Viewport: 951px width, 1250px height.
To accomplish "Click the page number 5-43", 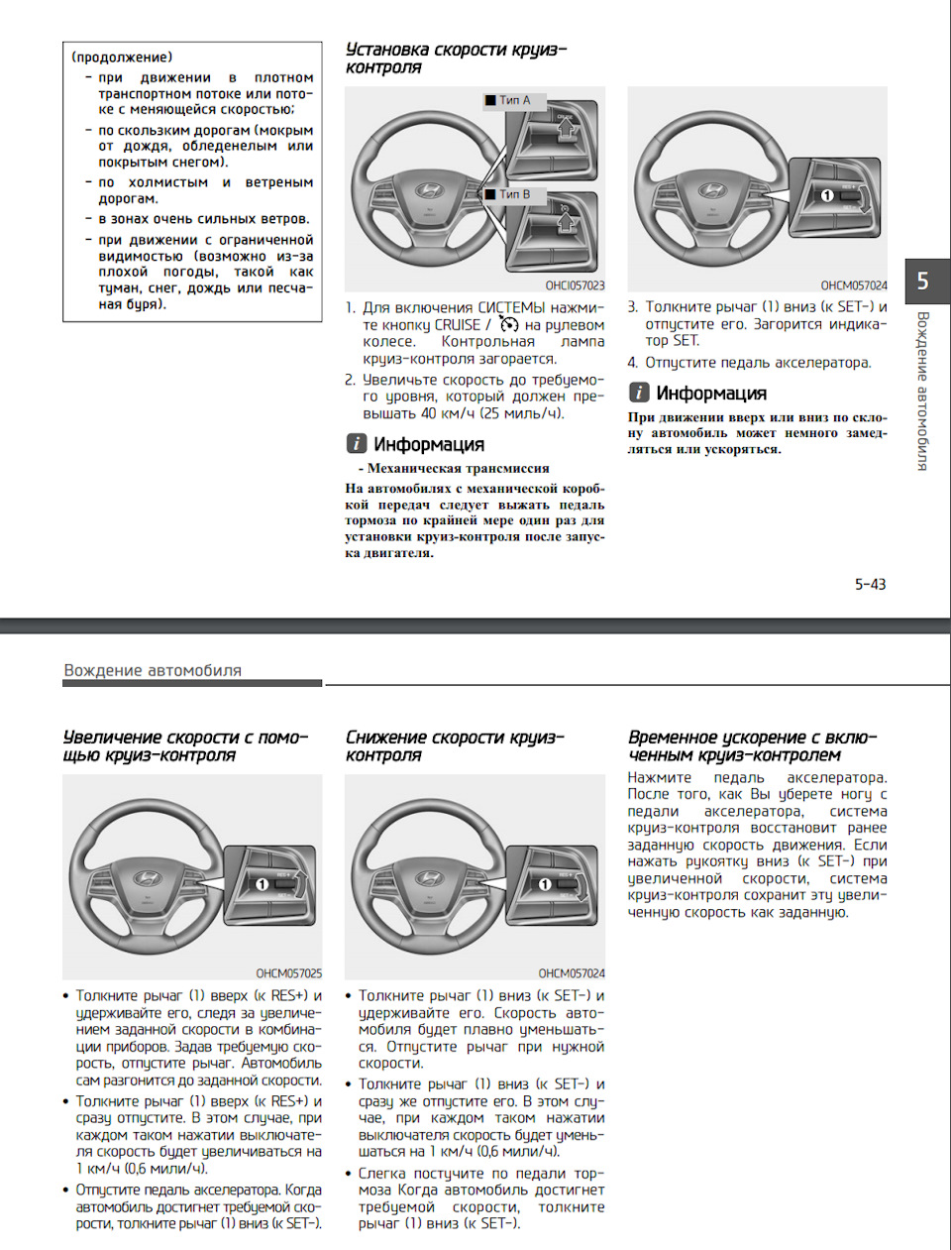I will pos(870,584).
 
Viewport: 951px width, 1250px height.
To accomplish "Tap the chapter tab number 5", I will pos(922,281).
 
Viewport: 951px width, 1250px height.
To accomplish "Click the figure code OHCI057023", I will pos(575,285).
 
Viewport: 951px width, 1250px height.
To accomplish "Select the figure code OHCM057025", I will pos(288,973).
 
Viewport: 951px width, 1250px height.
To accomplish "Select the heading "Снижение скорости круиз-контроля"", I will pos(455,745).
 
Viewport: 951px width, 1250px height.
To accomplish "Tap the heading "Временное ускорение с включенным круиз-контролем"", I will pos(752,745).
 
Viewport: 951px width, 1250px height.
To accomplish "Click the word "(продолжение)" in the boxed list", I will pos(122,57).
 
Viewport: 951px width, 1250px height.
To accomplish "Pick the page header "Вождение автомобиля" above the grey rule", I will pos(153,670).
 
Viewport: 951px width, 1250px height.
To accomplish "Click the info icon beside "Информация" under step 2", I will pos(356,444).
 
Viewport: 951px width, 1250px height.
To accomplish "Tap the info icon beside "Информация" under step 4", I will pos(639,393).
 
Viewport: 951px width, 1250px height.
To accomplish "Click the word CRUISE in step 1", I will pos(457,324).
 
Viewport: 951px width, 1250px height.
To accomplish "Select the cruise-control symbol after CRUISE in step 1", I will pos(509,324).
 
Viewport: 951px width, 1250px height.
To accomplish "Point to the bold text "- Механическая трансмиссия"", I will pos(454,468).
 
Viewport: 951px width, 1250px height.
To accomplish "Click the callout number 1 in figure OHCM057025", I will pos(262,883).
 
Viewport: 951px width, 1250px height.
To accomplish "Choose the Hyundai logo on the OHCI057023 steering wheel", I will pos(429,191).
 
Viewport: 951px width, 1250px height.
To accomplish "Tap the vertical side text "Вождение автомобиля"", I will pos(922,391).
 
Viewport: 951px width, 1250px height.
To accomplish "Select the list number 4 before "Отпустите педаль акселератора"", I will pos(632,363).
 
